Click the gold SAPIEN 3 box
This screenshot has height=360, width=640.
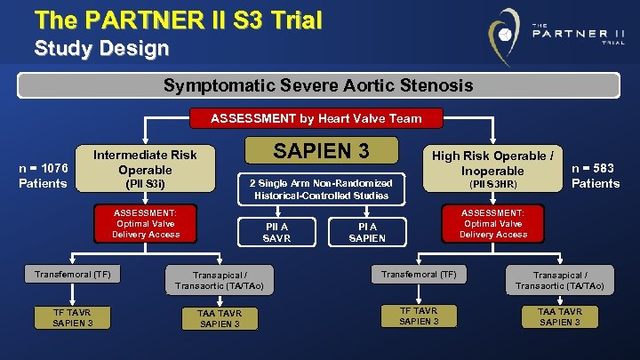tap(321, 152)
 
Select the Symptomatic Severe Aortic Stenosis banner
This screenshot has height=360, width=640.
tap(318, 85)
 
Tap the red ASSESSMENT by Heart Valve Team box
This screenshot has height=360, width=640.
tap(316, 118)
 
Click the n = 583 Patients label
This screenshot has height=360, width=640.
tap(595, 175)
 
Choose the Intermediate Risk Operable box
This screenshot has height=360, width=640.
tap(145, 168)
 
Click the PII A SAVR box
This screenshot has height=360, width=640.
tap(276, 233)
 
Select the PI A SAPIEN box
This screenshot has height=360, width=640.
tap(366, 233)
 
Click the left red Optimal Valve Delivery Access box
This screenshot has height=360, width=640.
tap(146, 223)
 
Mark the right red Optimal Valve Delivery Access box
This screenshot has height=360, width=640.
tap(493, 223)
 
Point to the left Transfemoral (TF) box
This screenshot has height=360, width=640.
tap(73, 274)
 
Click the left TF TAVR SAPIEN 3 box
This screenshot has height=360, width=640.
tap(73, 317)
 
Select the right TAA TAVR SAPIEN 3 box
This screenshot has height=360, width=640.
tap(560, 317)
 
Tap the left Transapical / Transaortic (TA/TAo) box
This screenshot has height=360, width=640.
tap(220, 280)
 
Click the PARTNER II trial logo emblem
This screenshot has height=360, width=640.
tap(504, 35)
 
